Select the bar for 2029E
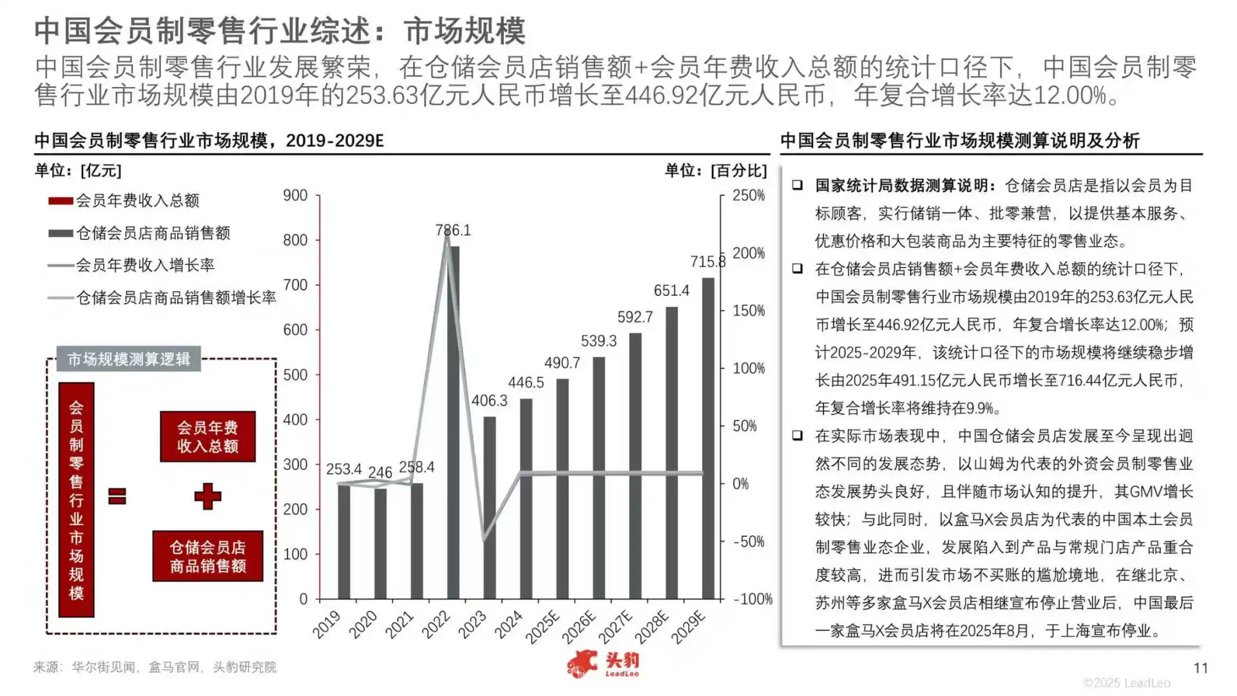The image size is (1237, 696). pos(707,438)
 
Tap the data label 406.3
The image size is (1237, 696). pos(489,401)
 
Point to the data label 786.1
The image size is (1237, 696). pos(453,230)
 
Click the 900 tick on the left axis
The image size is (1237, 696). pos(295,195)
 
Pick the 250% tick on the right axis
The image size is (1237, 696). pos(748,195)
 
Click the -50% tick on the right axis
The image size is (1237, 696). pos(748,541)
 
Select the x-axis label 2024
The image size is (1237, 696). pos(508,624)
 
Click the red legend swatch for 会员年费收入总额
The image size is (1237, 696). pos(61,201)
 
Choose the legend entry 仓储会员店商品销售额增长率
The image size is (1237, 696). pos(176,298)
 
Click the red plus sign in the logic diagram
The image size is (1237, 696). pos(207,496)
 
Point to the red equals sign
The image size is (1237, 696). pos(117,496)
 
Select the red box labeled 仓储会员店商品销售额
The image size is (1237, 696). pos(207,556)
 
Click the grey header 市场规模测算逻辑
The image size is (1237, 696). pos(129,359)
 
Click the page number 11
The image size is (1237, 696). pos(1200,668)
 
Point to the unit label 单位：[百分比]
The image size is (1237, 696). pos(716,171)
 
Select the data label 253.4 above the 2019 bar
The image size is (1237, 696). pos(343,469)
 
